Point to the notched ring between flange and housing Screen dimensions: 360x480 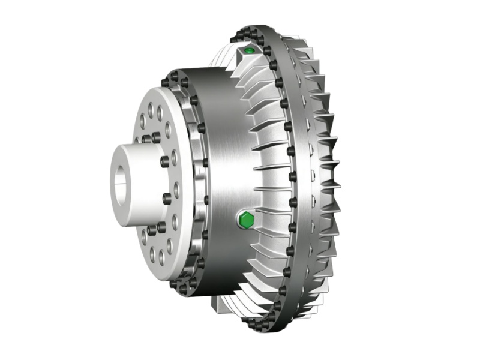click(193, 180)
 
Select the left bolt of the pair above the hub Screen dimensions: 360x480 click(146, 139)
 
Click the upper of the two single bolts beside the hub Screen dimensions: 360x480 click(164, 161)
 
